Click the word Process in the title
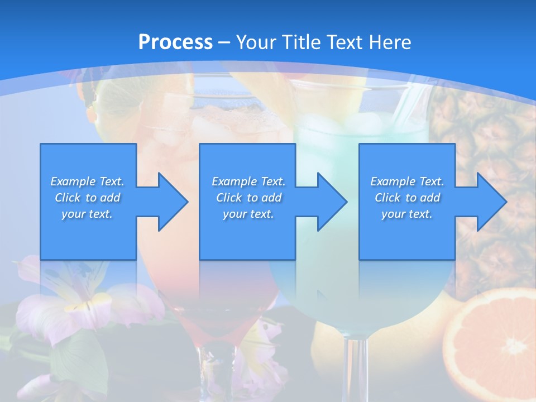click(x=175, y=42)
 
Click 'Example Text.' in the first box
click(x=87, y=181)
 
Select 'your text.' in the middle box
click(x=248, y=214)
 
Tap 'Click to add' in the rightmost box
click(x=407, y=198)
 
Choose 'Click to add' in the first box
click(x=87, y=198)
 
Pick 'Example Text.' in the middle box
click(x=248, y=181)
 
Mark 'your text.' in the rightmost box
click(x=407, y=214)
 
